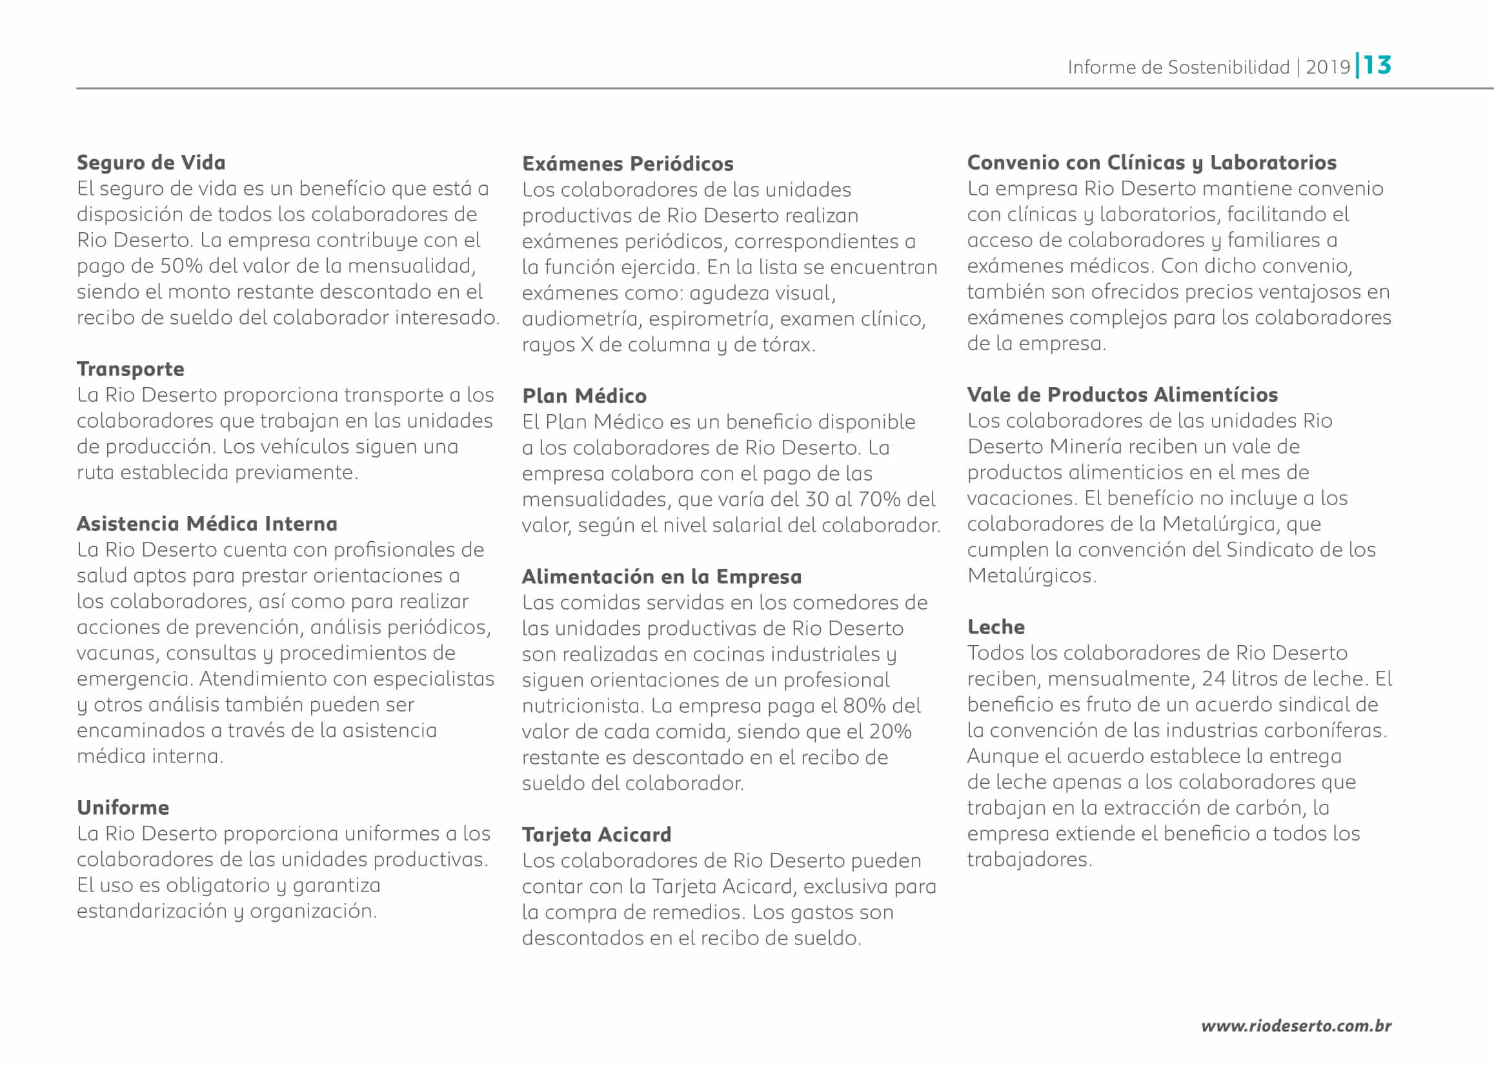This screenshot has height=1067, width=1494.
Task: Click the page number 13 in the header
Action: (1377, 65)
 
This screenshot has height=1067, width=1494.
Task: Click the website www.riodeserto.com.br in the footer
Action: (1295, 1026)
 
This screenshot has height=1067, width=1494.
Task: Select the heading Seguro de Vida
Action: (151, 163)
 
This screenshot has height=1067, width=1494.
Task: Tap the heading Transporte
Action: (130, 368)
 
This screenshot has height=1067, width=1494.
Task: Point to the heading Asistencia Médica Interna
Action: (207, 524)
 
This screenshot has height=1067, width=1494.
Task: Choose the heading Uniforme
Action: (123, 807)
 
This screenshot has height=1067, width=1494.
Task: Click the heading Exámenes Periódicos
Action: (628, 164)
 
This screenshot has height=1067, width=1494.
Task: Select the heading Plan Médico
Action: (584, 395)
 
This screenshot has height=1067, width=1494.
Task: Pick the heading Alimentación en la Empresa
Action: (661, 576)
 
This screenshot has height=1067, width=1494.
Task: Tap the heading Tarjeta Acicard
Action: (596, 834)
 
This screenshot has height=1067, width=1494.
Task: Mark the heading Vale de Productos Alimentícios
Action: (1122, 394)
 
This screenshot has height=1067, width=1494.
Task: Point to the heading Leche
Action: (995, 627)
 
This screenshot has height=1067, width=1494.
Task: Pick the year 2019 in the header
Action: (1327, 67)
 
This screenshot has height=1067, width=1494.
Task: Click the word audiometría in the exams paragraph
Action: (580, 319)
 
